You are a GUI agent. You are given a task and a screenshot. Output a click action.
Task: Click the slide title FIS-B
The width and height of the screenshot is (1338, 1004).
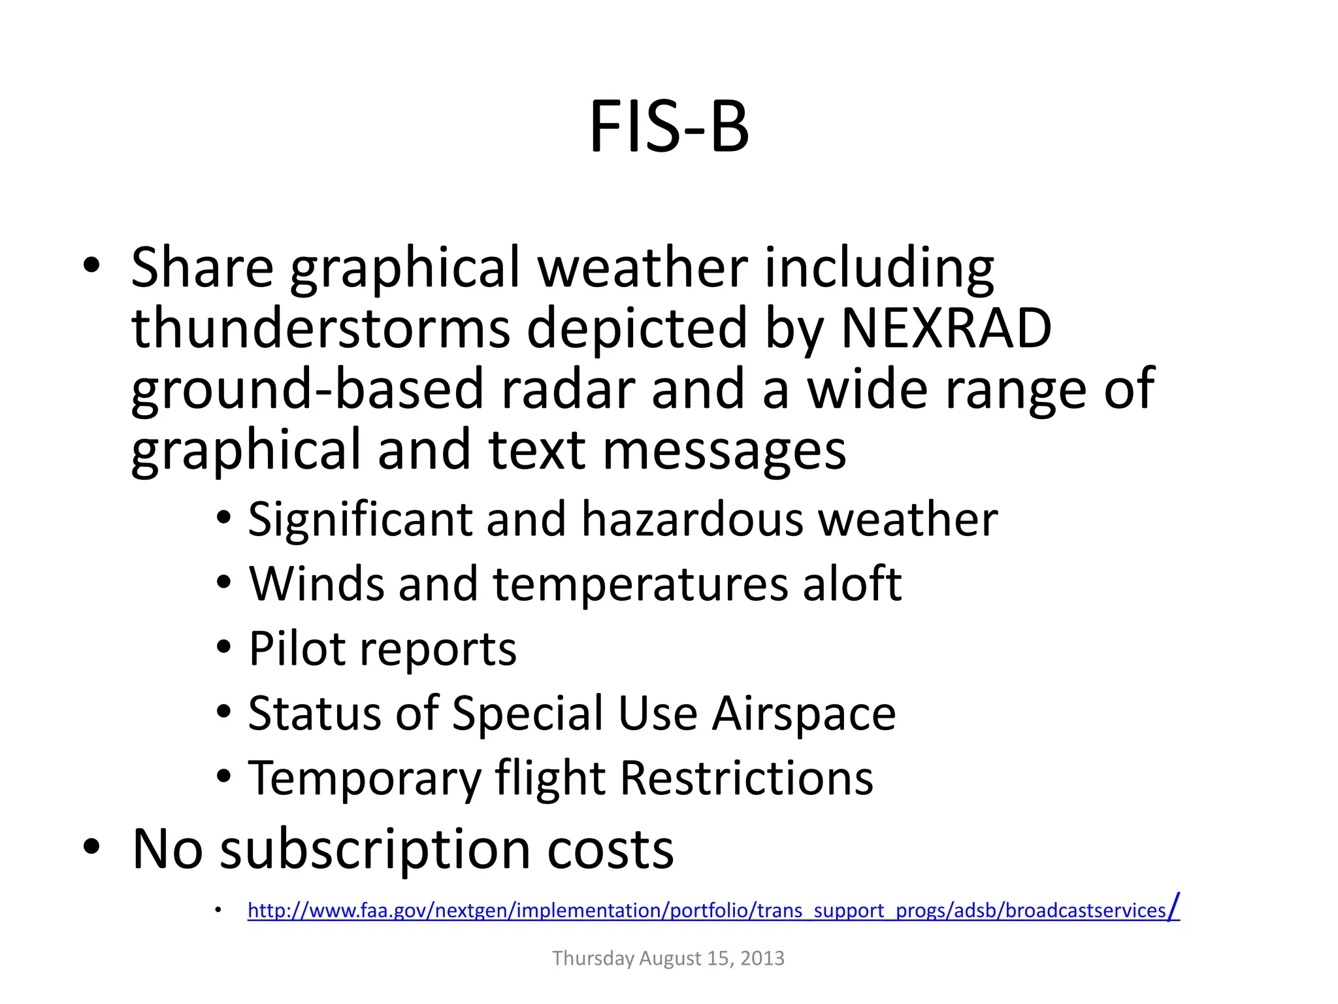[x=669, y=127]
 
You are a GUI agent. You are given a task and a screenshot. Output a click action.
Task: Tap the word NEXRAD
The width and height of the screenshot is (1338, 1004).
[x=946, y=328]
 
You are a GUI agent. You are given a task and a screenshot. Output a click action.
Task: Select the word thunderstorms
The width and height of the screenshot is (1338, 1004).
[x=321, y=328]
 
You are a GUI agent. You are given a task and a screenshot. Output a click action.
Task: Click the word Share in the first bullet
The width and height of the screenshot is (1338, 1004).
[x=202, y=267]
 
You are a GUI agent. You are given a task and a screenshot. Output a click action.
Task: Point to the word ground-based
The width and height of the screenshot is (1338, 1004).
[x=307, y=390]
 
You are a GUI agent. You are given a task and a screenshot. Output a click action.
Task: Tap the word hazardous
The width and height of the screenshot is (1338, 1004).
[x=692, y=520]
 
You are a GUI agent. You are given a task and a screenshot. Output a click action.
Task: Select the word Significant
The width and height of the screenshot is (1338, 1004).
[x=359, y=520]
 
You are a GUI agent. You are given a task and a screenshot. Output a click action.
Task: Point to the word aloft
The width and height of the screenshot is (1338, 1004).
[x=852, y=584]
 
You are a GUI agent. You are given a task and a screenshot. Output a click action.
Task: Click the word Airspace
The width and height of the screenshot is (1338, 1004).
[x=804, y=713]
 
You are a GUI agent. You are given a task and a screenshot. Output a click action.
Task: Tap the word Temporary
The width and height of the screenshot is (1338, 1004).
[x=364, y=778]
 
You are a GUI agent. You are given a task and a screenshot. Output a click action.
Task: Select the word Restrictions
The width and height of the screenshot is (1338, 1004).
[x=746, y=778]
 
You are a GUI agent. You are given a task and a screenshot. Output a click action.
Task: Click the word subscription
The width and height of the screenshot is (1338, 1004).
[x=375, y=850]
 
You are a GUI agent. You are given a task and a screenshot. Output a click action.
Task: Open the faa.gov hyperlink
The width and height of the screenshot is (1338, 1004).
[x=712, y=911]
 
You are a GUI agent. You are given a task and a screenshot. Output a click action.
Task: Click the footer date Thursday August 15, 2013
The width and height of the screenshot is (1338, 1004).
[x=668, y=958]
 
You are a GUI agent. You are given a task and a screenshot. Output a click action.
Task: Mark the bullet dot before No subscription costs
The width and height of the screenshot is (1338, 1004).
[x=91, y=847]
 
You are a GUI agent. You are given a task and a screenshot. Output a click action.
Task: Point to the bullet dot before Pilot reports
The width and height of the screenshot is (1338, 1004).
[x=224, y=647]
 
